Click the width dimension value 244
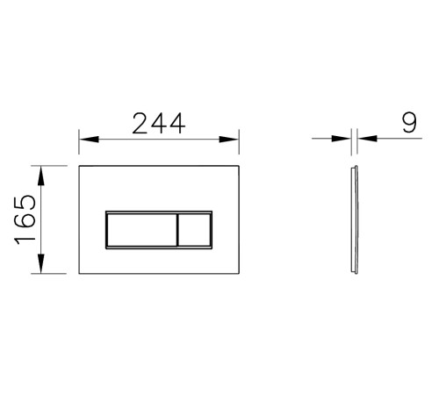[159, 123]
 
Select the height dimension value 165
[25, 219]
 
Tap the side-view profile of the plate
[353, 219]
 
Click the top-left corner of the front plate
[80, 165]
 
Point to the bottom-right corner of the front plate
[239, 273]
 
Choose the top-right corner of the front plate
[239, 165]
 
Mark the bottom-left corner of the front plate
[80, 273]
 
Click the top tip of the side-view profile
[353, 165]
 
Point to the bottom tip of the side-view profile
[353, 274]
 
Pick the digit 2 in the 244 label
[141, 123]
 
